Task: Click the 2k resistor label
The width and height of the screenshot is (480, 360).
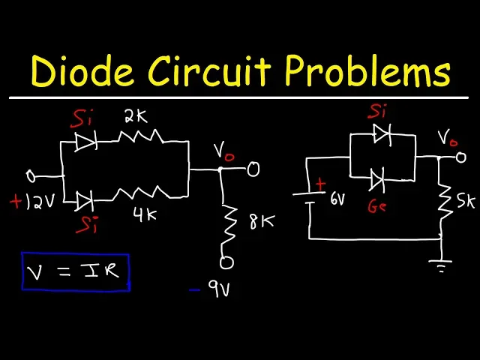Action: [x=136, y=117]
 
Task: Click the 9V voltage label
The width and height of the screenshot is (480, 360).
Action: [x=220, y=289]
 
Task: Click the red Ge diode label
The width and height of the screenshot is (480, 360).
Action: [x=377, y=206]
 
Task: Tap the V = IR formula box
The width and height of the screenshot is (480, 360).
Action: [x=76, y=271]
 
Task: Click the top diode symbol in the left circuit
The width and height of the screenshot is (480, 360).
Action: [x=87, y=142]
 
